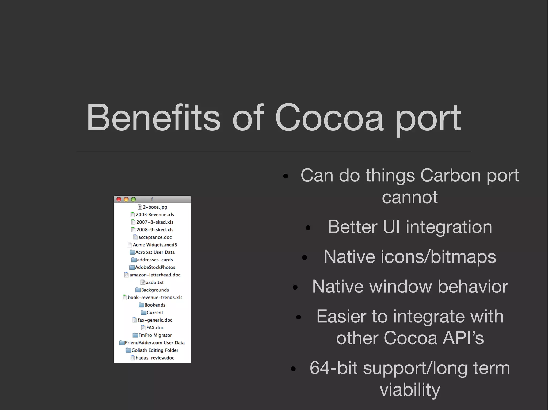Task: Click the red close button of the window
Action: (x=119, y=199)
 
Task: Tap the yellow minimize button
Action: (x=126, y=199)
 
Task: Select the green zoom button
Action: (x=133, y=199)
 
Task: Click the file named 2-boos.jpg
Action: (x=155, y=207)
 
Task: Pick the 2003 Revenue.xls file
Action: (x=155, y=214)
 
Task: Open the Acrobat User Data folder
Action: (x=155, y=252)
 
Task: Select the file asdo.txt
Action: (x=155, y=282)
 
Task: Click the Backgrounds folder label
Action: (x=155, y=290)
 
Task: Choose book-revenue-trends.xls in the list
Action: (x=155, y=297)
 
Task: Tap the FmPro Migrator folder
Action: (x=155, y=335)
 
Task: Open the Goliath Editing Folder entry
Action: (x=155, y=350)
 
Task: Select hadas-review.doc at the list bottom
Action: (x=155, y=358)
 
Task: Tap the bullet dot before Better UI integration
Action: (x=308, y=228)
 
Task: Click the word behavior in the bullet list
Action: (x=473, y=287)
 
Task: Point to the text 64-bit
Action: (x=333, y=368)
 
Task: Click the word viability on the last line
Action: (x=410, y=390)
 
